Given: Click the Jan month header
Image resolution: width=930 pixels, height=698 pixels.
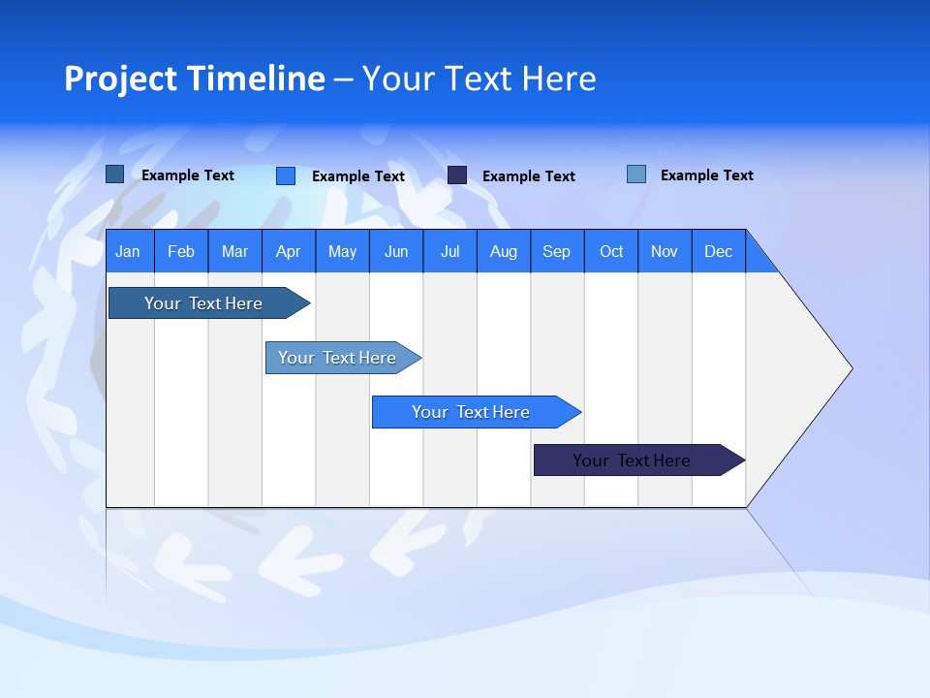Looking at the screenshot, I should (129, 252).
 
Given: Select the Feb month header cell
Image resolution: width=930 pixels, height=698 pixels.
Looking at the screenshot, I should (181, 252).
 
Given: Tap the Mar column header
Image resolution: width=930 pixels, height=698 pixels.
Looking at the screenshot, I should (234, 252).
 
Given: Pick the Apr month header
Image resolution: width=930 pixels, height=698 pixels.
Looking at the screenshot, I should (289, 252).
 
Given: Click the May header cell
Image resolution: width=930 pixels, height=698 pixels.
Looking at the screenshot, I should (342, 252).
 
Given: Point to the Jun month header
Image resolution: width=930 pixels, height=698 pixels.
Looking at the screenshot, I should (396, 252).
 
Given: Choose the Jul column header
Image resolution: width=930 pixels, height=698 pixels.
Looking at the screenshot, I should (449, 252).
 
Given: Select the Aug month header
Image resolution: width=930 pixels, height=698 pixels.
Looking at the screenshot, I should (504, 252).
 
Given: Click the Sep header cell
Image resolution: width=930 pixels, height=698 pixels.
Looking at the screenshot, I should (557, 252).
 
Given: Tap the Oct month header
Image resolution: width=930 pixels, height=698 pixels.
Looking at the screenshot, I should (611, 252).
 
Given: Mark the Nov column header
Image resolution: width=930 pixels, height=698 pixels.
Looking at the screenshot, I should (665, 252).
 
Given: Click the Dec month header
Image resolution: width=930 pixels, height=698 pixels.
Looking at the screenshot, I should (719, 252).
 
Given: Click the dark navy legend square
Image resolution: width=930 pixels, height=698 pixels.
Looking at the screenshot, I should (457, 175).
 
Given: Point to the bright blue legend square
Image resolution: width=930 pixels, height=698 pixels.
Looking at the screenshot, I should (286, 175).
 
